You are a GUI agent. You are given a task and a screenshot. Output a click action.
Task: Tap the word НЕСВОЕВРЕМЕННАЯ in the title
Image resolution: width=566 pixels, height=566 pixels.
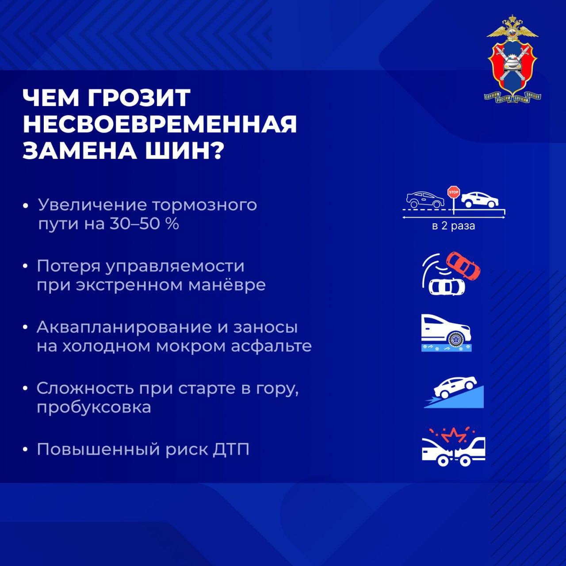coord(160,124)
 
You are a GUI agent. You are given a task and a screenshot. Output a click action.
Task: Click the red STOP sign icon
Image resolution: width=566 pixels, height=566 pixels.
coord(454,192)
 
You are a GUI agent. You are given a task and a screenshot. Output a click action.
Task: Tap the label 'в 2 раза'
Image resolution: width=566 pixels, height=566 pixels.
coord(453,226)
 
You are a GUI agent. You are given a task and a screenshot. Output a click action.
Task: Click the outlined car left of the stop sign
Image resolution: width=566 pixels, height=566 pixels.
coord(425,200)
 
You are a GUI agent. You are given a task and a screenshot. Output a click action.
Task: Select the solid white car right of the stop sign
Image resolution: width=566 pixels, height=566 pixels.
coord(480,200)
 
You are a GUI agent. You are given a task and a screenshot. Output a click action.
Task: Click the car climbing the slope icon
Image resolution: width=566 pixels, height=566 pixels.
coord(455,386)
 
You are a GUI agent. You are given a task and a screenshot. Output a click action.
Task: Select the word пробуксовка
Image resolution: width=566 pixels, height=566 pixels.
coord(94,407)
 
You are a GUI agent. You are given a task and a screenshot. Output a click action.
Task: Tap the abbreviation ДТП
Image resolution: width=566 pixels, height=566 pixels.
coord(230,449)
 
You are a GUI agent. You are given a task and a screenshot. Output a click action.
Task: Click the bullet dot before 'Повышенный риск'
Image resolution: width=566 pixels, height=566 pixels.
coord(26,450)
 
